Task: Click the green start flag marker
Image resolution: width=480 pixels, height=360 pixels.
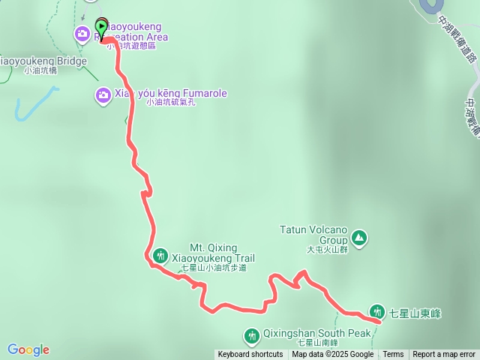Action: coord(101,27)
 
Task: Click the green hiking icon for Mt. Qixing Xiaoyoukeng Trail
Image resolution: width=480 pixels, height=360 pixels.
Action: coord(160,256)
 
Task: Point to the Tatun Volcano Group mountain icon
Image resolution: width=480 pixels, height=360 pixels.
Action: coord(359,238)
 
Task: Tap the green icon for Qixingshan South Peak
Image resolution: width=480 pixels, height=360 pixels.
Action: coord(251,334)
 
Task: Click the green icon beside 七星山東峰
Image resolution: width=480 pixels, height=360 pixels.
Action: coord(377,312)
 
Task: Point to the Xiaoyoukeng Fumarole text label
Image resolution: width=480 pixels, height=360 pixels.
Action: coord(171,94)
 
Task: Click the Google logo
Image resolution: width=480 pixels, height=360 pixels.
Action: coord(28,349)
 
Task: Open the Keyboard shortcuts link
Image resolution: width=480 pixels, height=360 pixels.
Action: coord(250,355)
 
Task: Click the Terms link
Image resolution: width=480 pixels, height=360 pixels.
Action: coord(393,355)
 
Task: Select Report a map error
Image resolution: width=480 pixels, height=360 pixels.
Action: coord(444,355)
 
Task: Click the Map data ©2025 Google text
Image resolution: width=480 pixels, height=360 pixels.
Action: coord(332,355)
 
